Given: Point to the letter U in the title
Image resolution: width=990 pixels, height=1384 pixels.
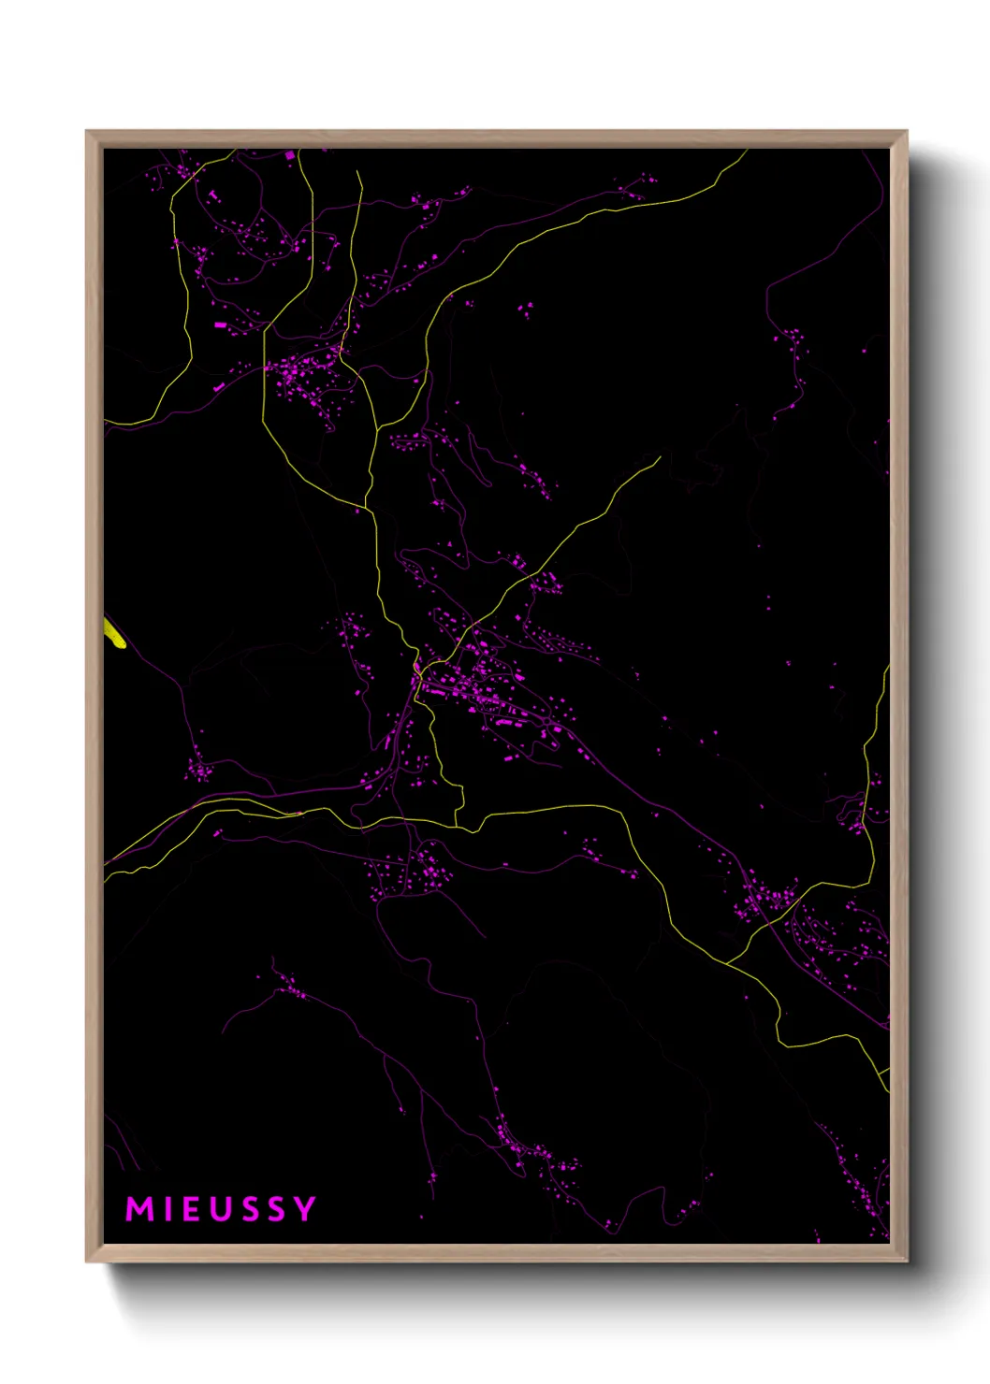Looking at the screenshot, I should coord(218,1209).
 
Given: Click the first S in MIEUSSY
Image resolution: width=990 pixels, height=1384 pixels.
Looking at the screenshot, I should coord(248,1209).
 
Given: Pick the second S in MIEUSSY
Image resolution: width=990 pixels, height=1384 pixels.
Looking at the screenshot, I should coord(276,1209).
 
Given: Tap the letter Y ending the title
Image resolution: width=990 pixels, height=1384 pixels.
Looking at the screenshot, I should coord(305,1209).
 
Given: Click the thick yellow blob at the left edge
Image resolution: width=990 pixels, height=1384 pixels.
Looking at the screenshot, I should coord(113,633).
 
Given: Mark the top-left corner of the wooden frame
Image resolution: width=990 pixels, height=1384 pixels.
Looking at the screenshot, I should coord(87,132).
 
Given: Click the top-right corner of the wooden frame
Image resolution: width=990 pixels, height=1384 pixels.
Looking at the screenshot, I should coord(906,132).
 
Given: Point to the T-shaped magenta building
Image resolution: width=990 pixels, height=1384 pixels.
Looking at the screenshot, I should coord(212,195).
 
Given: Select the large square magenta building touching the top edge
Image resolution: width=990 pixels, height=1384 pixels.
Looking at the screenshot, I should coord(289,154).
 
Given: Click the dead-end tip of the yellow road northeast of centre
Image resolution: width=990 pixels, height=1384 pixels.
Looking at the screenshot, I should coord(660,457).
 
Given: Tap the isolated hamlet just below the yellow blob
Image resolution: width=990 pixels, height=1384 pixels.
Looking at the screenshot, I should coord(198,771).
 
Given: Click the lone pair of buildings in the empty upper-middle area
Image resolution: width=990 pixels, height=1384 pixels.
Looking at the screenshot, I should coord(526,309).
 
